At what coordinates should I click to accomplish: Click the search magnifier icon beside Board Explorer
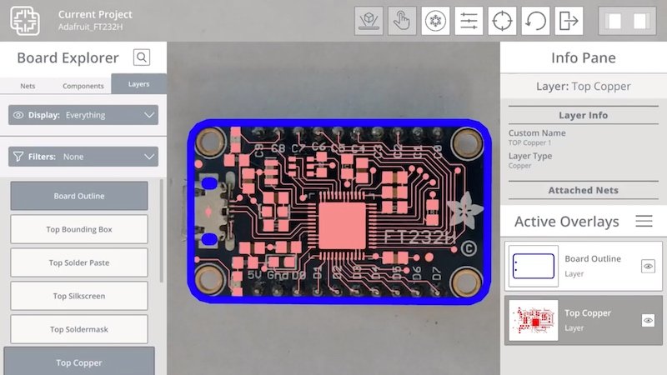click(x=142, y=57)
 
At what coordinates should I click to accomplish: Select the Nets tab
click(x=28, y=86)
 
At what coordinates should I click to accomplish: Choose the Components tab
click(x=83, y=86)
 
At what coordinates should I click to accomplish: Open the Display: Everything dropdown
click(x=83, y=115)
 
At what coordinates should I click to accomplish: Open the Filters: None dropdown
click(x=83, y=156)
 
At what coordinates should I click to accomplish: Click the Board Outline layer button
click(x=79, y=196)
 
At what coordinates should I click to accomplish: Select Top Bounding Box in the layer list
click(x=79, y=229)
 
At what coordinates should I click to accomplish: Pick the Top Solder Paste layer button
click(x=79, y=262)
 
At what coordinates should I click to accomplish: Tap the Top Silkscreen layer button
click(x=79, y=296)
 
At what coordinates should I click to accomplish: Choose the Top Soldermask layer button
click(x=79, y=329)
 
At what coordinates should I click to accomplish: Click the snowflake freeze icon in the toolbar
click(x=434, y=21)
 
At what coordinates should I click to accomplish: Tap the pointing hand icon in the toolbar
click(x=402, y=21)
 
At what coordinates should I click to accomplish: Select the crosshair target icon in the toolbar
click(x=501, y=21)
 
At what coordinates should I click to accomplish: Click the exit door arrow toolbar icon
click(x=569, y=21)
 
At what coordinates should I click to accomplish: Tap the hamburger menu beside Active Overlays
click(x=644, y=221)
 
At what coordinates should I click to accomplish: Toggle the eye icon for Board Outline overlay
click(x=648, y=266)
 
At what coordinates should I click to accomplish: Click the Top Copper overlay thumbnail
click(x=532, y=320)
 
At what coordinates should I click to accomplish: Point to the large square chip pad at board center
click(x=343, y=225)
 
